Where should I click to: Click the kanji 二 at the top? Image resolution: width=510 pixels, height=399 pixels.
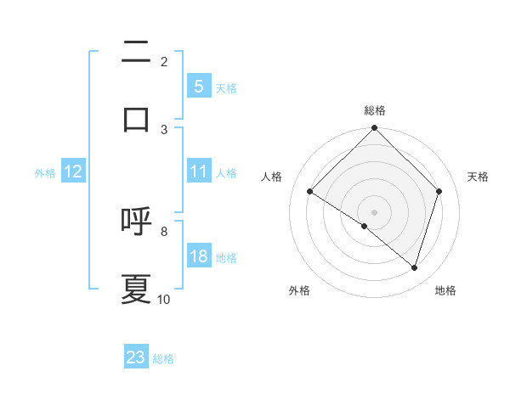coord(136,52)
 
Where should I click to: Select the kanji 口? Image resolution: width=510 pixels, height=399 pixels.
coord(136,118)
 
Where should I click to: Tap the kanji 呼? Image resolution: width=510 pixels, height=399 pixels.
coord(136,221)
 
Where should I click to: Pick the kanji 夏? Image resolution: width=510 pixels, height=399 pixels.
coord(136,289)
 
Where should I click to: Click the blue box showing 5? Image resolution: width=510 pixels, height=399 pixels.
coord(198,86)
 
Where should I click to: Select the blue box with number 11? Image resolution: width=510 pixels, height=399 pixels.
coord(198,171)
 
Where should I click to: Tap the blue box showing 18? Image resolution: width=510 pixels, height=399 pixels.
coord(198,256)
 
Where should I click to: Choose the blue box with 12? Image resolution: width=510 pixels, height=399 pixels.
coord(73,171)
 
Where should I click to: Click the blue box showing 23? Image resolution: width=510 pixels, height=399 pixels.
coord(136,357)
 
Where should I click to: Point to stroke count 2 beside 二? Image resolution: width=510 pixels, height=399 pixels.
coord(164,62)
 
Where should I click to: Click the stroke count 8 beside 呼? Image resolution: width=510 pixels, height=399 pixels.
coord(164,231)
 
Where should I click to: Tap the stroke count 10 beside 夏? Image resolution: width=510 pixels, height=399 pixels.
coord(164,299)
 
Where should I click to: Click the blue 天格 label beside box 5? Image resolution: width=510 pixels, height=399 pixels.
coord(225,87)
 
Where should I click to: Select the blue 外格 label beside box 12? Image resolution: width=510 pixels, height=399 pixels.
coord(45,172)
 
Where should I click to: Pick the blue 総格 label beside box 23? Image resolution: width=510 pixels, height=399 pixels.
coord(163,359)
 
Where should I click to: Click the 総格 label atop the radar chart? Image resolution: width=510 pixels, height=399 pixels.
coord(375,110)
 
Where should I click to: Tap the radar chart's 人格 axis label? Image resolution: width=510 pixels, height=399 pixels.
coord(271,177)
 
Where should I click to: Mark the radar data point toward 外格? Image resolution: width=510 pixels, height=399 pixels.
coord(365,226)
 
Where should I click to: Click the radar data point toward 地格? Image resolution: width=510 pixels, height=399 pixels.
coord(415,267)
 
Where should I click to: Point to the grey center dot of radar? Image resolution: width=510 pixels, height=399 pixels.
coord(375,211)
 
